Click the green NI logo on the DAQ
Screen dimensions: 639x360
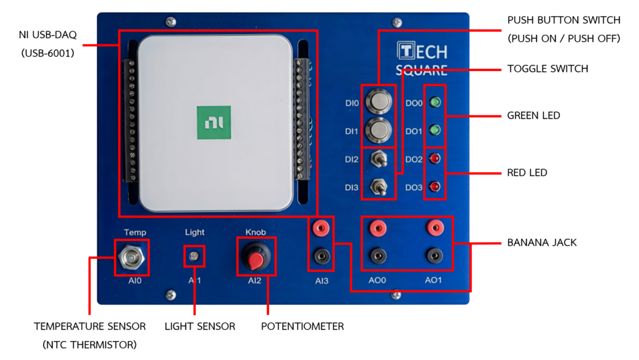(214, 122)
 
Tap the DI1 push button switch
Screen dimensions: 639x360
(379, 130)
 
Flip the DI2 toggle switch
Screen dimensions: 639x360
(379, 158)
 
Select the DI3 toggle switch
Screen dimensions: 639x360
(379, 187)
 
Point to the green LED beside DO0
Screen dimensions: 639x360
(435, 102)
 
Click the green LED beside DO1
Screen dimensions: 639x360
(435, 130)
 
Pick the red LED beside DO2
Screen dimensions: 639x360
(435, 158)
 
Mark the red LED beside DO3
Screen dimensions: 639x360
(435, 187)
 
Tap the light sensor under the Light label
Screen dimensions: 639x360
(194, 256)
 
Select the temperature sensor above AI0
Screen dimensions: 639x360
(132, 257)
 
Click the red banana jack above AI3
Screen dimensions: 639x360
(321, 228)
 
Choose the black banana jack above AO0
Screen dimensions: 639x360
(378, 256)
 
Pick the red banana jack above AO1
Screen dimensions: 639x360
(435, 228)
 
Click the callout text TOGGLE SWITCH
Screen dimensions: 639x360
(548, 69)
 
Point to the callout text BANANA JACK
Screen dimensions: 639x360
(542, 243)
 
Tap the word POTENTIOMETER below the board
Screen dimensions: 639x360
(303, 326)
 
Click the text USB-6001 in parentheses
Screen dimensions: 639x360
(47, 54)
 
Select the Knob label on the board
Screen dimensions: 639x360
(255, 232)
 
